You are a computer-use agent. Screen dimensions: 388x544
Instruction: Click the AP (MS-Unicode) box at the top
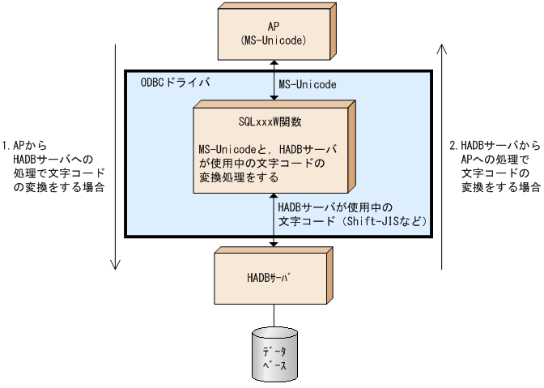pyautogui.click(x=275, y=32)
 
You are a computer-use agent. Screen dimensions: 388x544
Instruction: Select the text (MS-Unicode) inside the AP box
pyautogui.click(x=275, y=39)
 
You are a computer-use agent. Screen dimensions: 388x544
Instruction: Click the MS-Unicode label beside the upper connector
pyautogui.click(x=307, y=83)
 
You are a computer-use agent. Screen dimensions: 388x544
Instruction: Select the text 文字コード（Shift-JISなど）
pyautogui.click(x=351, y=220)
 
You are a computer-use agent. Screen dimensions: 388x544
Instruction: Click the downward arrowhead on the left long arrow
pyautogui.click(x=116, y=263)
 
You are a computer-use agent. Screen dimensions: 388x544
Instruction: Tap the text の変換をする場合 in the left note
pyautogui.click(x=53, y=187)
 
